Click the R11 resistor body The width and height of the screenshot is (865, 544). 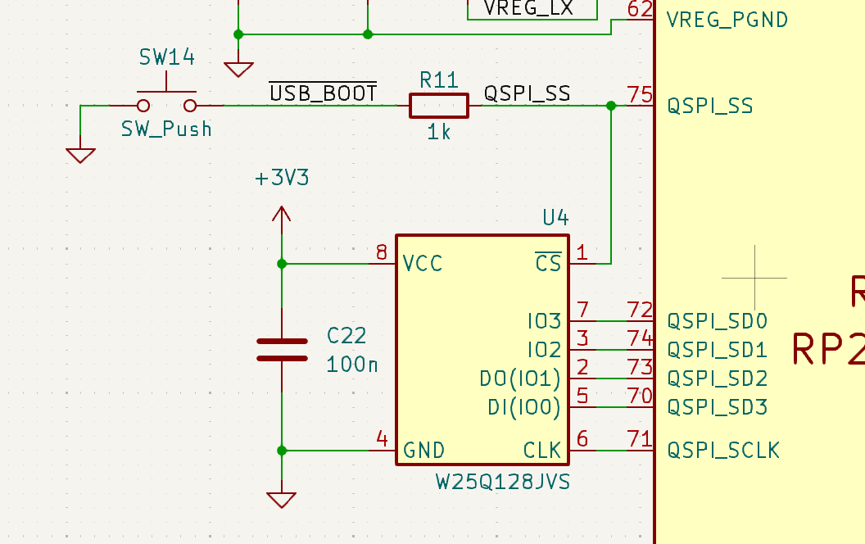pos(438,106)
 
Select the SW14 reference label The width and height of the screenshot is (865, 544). pos(166,57)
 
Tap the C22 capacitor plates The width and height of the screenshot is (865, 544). pos(282,349)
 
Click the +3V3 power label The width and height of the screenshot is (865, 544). pos(282,178)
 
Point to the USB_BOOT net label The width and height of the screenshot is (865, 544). pos(324,93)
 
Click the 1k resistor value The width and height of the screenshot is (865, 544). pos(439,132)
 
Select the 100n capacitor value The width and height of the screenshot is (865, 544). pos(352,364)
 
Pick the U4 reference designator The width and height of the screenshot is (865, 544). pos(555,217)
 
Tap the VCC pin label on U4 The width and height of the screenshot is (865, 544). pos(423,264)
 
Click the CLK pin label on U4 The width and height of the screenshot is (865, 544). pos(542,450)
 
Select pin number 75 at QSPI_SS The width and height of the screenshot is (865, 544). pos(639,94)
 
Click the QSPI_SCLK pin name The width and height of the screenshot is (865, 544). pos(723,450)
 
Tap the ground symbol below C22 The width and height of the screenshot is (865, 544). pos(282,499)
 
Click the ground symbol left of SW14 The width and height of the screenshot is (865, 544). pos(80,155)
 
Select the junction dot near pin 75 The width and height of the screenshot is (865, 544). pos(610,106)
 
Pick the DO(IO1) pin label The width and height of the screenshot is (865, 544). pos(520,379)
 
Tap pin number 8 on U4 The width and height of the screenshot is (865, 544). pos(381,252)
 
